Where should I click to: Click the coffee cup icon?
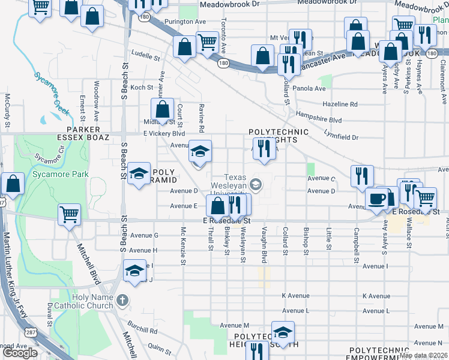pos(377,199)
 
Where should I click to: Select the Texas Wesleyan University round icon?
pos(256,184)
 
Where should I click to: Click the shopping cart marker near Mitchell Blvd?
pos(70,214)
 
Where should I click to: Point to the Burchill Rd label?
pos(142,329)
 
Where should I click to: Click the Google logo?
pos(20,353)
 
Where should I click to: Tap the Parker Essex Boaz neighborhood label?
pos(88,133)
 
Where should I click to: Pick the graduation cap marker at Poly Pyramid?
pos(139,175)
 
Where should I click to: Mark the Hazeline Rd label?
pos(339,104)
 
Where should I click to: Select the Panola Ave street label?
pos(309,88)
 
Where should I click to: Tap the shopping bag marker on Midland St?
pos(162,110)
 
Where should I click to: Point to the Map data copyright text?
pos(424,355)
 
